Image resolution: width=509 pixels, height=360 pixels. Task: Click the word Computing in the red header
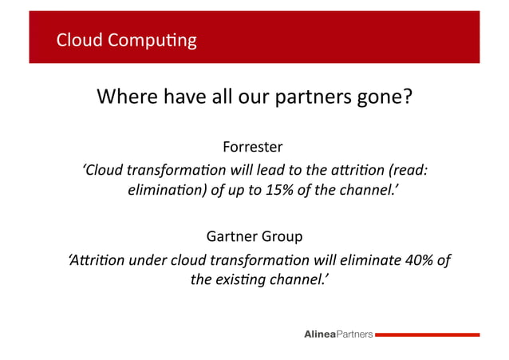(x=155, y=40)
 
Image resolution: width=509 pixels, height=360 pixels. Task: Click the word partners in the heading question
(x=306, y=98)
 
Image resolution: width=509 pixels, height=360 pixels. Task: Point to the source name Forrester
(x=253, y=148)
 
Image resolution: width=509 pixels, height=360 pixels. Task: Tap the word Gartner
(x=231, y=237)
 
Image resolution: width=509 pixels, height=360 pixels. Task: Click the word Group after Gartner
(x=282, y=237)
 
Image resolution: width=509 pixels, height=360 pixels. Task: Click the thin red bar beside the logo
(x=427, y=334)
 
